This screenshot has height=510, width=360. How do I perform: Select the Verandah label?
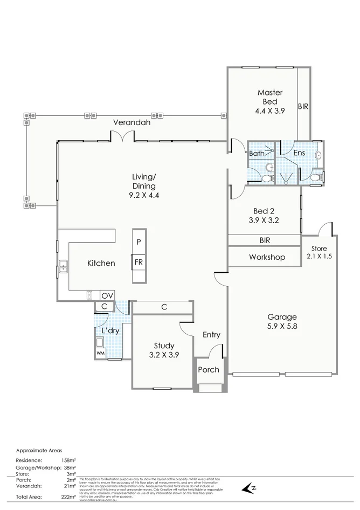(x=131, y=123)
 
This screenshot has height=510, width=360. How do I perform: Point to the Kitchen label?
(x=101, y=264)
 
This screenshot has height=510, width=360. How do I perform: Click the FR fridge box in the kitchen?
(x=139, y=263)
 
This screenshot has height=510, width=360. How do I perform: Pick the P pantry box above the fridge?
(x=139, y=242)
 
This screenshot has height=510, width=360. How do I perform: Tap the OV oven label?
(x=107, y=295)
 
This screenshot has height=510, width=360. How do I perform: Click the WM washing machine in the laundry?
(x=100, y=353)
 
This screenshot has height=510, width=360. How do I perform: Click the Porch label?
(x=209, y=370)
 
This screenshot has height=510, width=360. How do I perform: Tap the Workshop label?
(x=267, y=258)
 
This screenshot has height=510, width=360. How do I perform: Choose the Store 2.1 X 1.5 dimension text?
(x=320, y=257)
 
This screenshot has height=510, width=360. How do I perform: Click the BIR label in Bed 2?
(x=265, y=240)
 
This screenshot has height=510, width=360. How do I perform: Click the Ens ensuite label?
(x=299, y=153)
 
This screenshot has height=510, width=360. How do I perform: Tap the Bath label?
(x=257, y=154)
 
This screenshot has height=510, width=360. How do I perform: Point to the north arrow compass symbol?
(x=248, y=488)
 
